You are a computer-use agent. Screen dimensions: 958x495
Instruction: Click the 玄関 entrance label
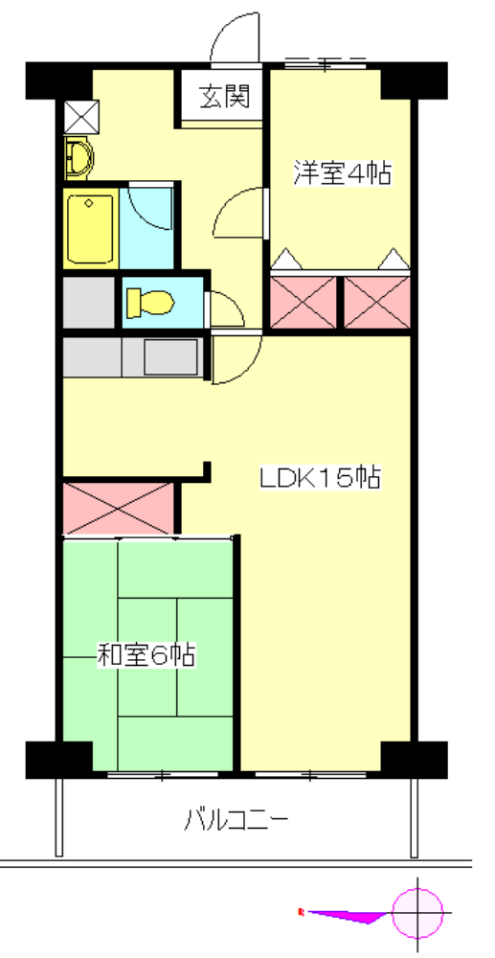224,97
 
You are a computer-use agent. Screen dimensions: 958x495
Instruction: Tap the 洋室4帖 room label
342,174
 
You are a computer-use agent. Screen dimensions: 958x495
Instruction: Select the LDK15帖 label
321,476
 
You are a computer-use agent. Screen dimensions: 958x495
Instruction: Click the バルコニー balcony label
236,820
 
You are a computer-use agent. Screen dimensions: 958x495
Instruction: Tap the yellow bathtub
91,230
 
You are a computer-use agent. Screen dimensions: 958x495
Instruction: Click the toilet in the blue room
150,303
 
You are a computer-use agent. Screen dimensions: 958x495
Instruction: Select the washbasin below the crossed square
79,156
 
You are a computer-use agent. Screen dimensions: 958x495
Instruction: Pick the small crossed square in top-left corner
79,115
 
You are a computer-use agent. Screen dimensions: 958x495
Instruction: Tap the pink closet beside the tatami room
119,509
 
